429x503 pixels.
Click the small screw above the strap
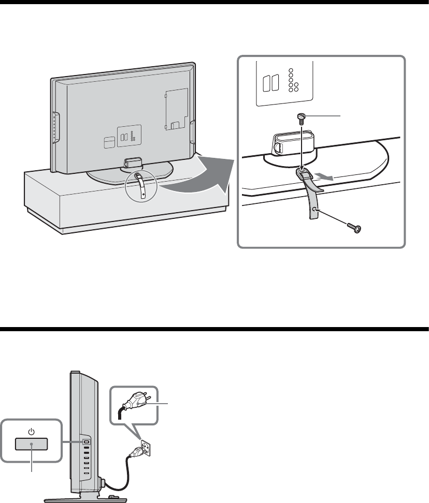[302, 118]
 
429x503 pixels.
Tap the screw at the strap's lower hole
[354, 228]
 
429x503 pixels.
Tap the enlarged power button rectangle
[32, 443]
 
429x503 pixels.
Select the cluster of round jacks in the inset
[293, 81]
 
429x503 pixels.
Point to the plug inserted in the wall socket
[132, 451]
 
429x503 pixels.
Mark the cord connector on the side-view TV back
[104, 483]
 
